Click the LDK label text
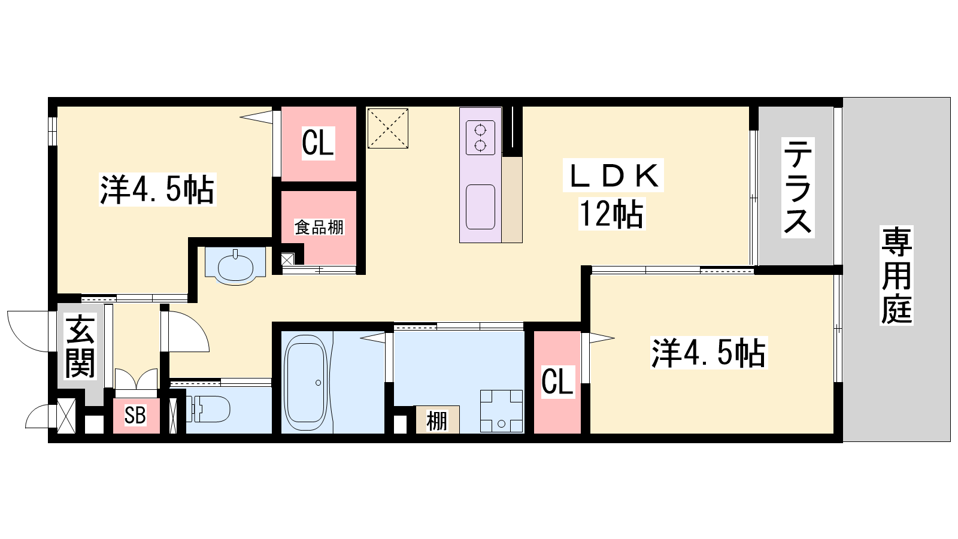click(x=613, y=175)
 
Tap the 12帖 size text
click(x=611, y=214)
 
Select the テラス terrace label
click(x=798, y=187)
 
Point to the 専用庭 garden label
click(x=896, y=275)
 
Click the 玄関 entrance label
click(x=80, y=346)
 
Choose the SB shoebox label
click(x=135, y=415)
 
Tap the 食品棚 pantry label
click(x=319, y=227)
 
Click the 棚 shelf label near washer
click(x=436, y=421)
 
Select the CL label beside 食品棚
click(x=318, y=143)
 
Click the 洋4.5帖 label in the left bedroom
click(x=157, y=189)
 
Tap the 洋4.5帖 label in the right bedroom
click(x=709, y=353)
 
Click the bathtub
click(x=306, y=382)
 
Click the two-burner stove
click(x=480, y=138)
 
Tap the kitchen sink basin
click(x=480, y=207)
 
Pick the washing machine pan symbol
click(x=501, y=411)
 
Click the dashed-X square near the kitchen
click(x=388, y=128)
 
